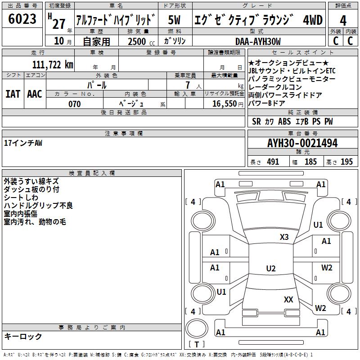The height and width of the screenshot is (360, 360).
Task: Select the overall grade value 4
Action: (x=343, y=20)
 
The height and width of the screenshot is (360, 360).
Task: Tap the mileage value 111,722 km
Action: (x=53, y=65)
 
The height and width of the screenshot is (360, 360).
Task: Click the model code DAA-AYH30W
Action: (x=258, y=41)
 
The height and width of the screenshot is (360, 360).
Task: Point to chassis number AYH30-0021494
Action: (x=302, y=143)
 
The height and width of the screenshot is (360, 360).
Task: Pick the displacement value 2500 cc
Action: (x=138, y=41)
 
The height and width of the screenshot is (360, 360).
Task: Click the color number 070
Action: (x=74, y=104)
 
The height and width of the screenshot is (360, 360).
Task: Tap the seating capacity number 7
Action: (x=186, y=85)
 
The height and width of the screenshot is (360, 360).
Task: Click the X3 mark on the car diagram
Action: (x=284, y=237)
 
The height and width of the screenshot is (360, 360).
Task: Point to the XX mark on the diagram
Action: (x=288, y=299)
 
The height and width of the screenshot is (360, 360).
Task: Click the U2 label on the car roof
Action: (x=270, y=269)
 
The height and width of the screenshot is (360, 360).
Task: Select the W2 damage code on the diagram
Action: (x=327, y=268)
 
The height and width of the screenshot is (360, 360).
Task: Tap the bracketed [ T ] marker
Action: (x=196, y=345)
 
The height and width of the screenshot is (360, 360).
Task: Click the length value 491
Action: (x=273, y=162)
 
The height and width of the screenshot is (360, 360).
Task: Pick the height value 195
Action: (x=346, y=162)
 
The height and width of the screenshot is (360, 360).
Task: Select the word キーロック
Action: (x=23, y=336)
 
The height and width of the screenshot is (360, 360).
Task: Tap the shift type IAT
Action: (x=13, y=94)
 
